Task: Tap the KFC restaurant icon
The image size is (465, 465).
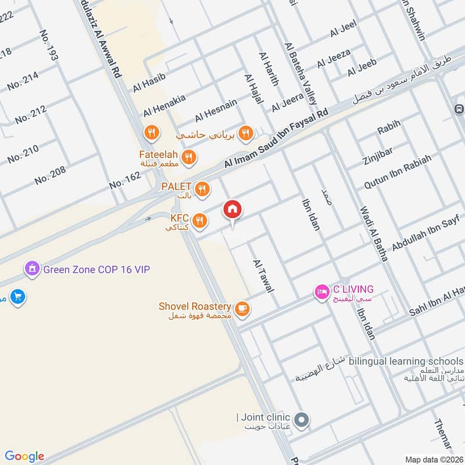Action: click(x=200, y=219)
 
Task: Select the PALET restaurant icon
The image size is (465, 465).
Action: click(x=202, y=188)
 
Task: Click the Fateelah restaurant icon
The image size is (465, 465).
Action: click(x=188, y=156)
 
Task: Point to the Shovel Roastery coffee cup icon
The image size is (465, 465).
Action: click(x=242, y=308)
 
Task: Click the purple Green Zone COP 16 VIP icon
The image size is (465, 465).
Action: click(x=31, y=269)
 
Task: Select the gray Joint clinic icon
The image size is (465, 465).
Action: click(x=301, y=419)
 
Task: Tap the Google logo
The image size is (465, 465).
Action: click(x=24, y=456)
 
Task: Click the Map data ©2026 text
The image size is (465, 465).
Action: click(x=433, y=459)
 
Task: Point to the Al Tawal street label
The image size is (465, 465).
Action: click(x=263, y=276)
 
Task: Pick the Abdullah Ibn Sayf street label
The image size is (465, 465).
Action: click(x=425, y=233)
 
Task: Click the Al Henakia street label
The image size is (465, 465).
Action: click(x=164, y=105)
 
